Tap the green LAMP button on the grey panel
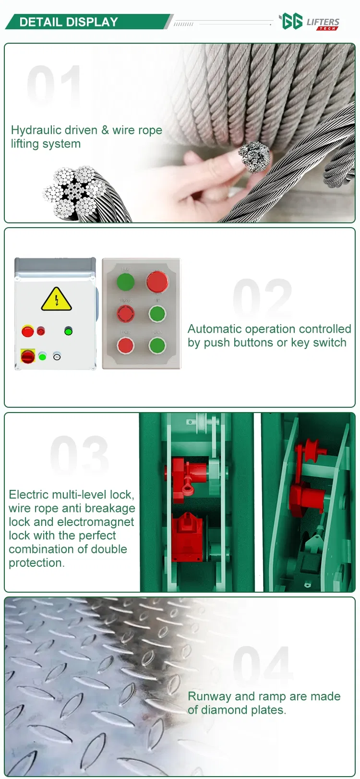125,281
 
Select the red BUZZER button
125,313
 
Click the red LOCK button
125,345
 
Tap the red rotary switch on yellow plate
28,356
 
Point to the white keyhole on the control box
57,357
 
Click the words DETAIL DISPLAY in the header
69,22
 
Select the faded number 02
262,299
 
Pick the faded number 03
79,455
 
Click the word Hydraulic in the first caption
30,130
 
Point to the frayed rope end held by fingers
254,157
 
